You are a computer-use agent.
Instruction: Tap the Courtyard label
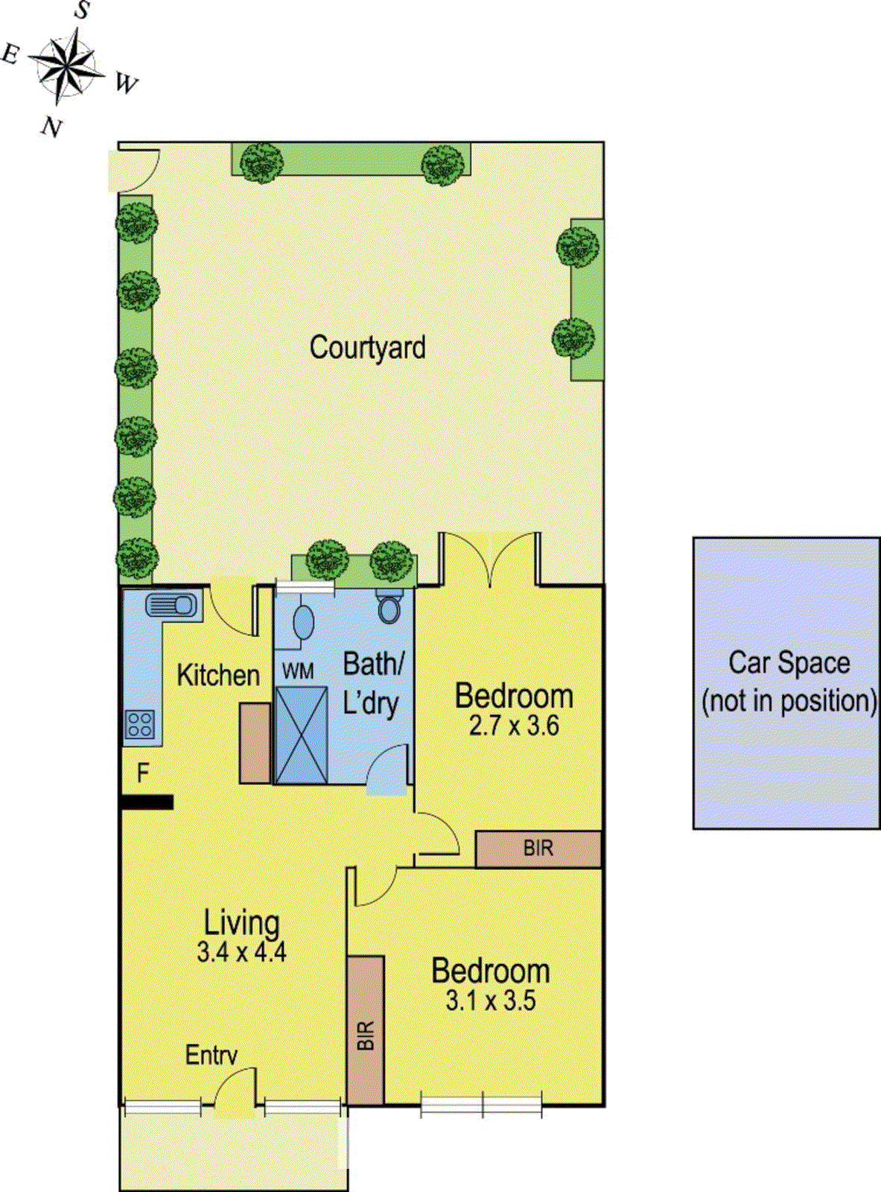[x=367, y=348]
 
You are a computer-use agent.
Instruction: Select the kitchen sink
[x=172, y=604]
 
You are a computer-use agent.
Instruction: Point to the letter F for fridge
[x=143, y=773]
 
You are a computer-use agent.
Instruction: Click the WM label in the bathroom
[x=298, y=671]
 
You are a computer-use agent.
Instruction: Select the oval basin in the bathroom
[x=303, y=623]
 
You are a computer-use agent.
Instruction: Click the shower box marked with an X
[x=301, y=735]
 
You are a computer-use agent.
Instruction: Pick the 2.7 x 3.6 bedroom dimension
[x=514, y=726]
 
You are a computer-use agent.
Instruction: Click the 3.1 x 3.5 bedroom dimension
[x=491, y=1001]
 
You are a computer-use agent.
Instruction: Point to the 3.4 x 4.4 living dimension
[x=242, y=951]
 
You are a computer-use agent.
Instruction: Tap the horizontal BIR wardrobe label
[x=538, y=849]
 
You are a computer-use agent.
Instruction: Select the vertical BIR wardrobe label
[x=366, y=1036]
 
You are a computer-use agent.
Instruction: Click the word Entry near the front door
[x=211, y=1055]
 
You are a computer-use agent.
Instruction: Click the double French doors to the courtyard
[x=489, y=559]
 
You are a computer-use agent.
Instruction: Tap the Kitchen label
[x=218, y=675]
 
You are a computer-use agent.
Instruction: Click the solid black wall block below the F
[x=147, y=802]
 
